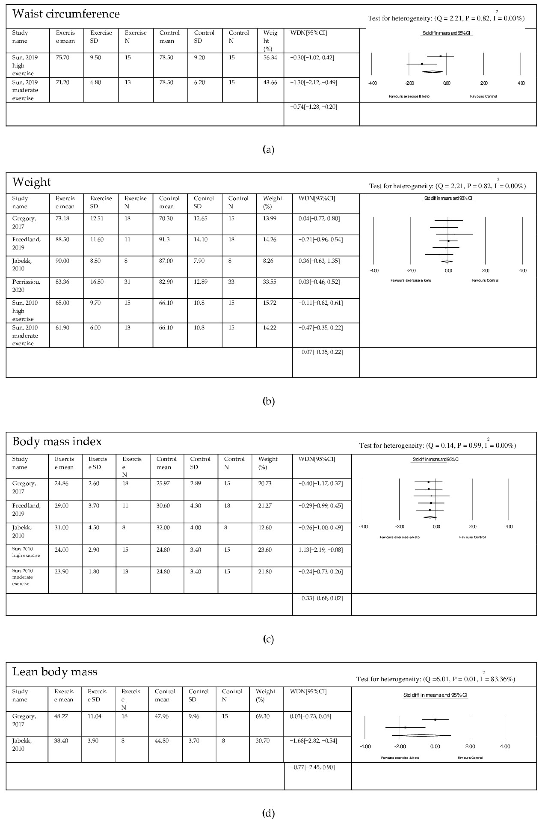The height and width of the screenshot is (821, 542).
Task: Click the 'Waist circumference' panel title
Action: pos(66,14)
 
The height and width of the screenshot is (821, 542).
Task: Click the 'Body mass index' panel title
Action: pos(57,441)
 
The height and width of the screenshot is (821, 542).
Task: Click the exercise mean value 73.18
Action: pos(62,218)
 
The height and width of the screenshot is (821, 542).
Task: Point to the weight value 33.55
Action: pos(270,282)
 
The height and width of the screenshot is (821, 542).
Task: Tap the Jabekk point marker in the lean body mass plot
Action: pos(405,727)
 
